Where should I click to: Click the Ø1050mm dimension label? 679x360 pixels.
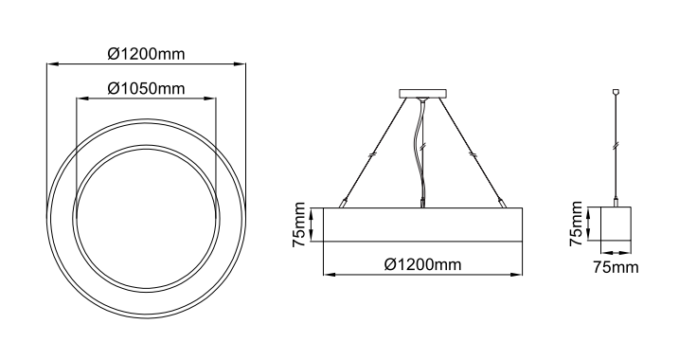(x=146, y=88)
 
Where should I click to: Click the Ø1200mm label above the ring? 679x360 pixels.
(x=146, y=54)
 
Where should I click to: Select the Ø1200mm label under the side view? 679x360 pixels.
(x=422, y=263)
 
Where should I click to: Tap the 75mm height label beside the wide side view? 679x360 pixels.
(x=299, y=225)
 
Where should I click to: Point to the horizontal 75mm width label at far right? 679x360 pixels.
(x=616, y=267)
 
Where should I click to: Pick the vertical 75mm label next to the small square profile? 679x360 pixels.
(x=577, y=224)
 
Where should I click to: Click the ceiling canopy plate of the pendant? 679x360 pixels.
(x=422, y=94)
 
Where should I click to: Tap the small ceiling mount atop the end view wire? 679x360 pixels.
(x=616, y=92)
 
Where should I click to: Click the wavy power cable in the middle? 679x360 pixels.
(x=419, y=152)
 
